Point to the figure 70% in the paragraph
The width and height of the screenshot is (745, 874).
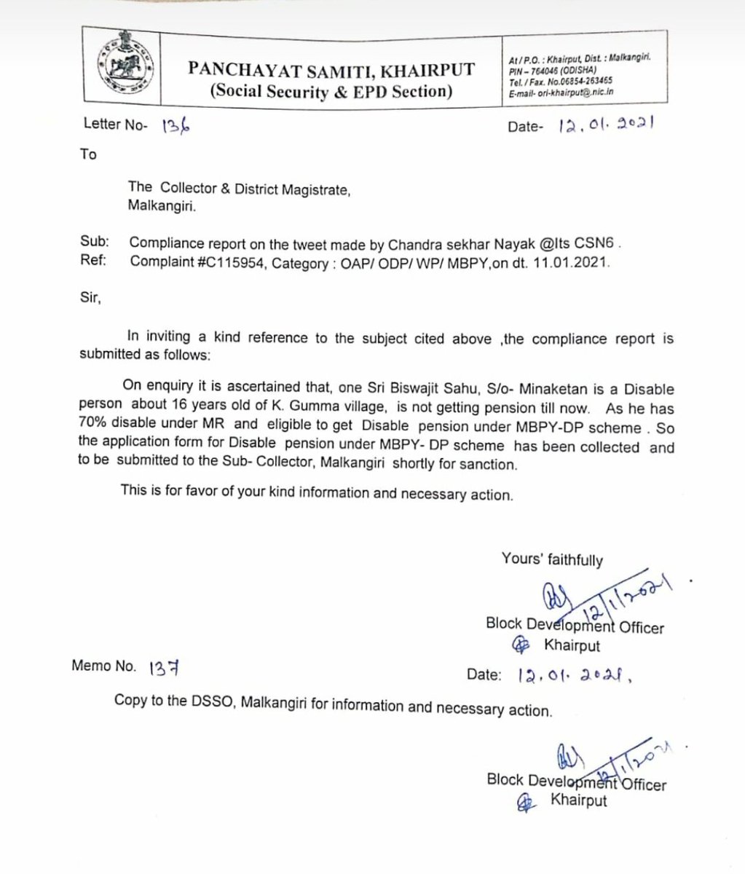93,428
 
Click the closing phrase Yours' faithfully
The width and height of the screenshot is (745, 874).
552,559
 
